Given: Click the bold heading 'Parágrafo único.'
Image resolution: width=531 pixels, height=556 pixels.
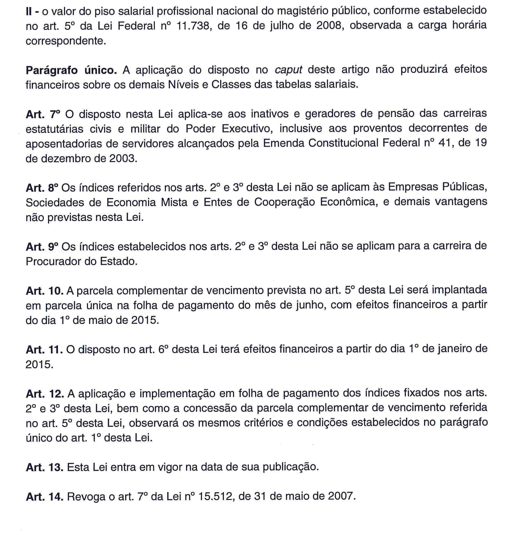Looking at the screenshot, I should pyautogui.click(x=71, y=70).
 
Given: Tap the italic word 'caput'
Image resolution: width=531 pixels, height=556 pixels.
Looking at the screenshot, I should pyautogui.click(x=289, y=70).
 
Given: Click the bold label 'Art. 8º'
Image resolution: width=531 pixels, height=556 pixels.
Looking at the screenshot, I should pyautogui.click(x=42, y=188).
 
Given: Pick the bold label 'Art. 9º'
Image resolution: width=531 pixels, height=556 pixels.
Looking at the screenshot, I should pyautogui.click(x=42, y=247).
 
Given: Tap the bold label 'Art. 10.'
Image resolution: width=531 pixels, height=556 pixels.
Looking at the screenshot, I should pyautogui.click(x=44, y=291).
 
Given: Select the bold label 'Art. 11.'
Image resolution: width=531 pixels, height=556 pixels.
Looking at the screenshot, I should pyautogui.click(x=44, y=350).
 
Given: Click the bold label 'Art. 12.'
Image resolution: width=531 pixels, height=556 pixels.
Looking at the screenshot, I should pyautogui.click(x=44, y=394).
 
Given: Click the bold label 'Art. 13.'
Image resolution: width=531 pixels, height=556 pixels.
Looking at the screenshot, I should pyautogui.click(x=44, y=467).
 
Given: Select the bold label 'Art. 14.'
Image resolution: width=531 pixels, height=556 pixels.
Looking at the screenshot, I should pyautogui.click(x=44, y=497).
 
